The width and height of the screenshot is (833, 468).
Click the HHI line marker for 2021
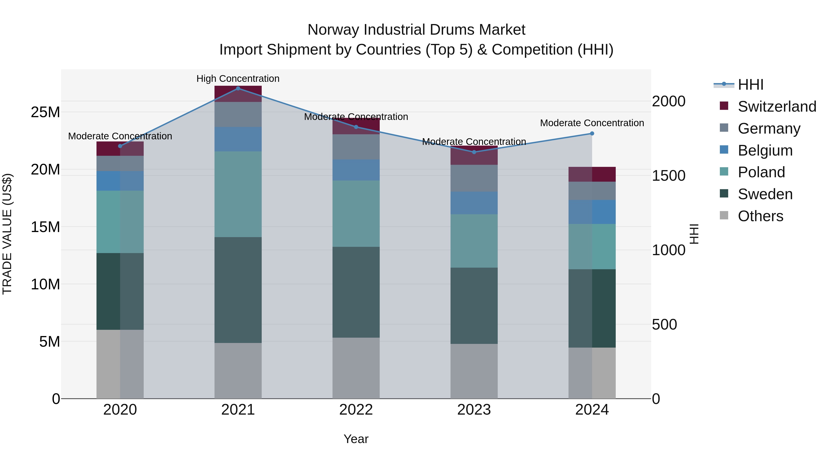[x=238, y=89]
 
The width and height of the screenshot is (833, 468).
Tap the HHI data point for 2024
[x=592, y=133]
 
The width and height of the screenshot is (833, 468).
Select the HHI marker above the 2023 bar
[x=474, y=152]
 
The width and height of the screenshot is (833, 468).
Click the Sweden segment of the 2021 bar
[x=238, y=290]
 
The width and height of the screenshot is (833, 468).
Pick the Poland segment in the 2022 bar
[x=356, y=214]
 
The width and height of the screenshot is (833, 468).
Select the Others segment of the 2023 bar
[x=474, y=371]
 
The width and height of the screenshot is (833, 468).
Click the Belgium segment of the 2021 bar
[x=238, y=139]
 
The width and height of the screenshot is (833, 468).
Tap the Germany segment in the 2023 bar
[x=474, y=178]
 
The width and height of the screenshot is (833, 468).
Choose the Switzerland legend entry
[x=777, y=107]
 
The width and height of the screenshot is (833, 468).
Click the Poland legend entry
[x=761, y=172]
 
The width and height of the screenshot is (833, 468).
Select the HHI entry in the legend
[x=750, y=85]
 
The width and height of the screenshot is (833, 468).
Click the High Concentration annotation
[x=238, y=79]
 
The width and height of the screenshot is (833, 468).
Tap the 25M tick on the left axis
[x=45, y=112]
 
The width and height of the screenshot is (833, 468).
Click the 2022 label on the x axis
[x=356, y=410]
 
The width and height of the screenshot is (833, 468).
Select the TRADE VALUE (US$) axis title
[x=7, y=234]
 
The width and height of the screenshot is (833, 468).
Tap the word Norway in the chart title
[x=333, y=30]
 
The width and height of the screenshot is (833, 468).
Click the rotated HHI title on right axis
[x=694, y=234]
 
